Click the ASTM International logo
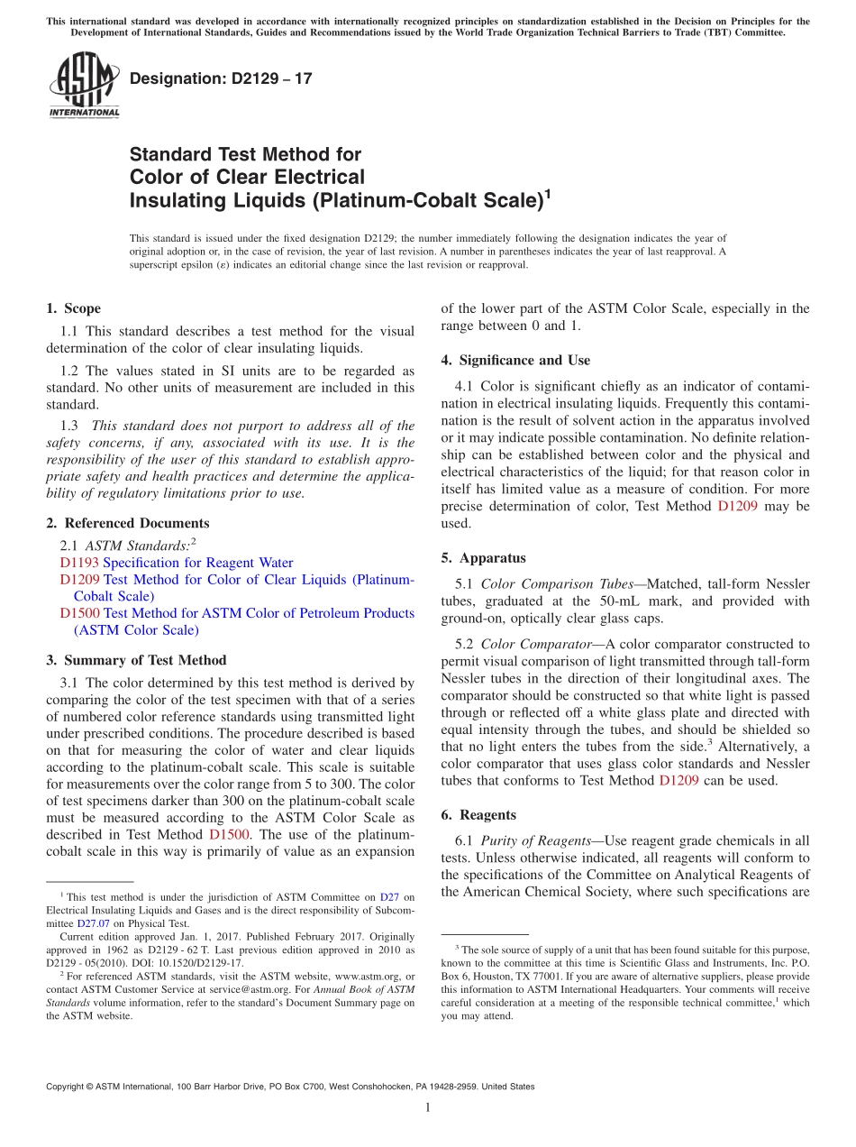(x=83, y=85)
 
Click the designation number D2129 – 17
(x=221, y=78)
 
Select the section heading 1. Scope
(x=73, y=308)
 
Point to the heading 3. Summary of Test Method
(x=136, y=660)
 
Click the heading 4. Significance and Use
(x=515, y=360)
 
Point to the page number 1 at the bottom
(x=428, y=1108)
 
